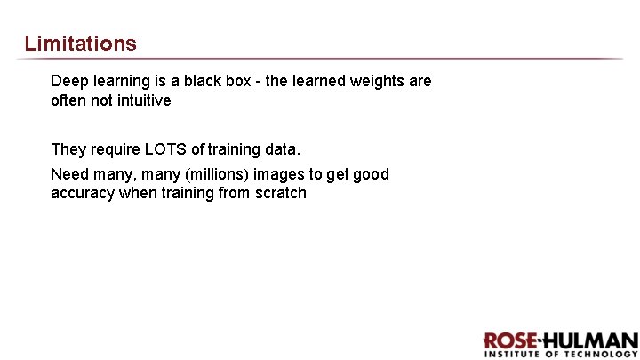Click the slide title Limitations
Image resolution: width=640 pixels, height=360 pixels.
pos(81,43)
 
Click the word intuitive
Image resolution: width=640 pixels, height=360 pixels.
pos(141,100)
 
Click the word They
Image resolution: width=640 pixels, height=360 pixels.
pos(68,149)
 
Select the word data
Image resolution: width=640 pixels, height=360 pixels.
pos(294,149)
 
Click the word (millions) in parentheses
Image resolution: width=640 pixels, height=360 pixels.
pos(191,174)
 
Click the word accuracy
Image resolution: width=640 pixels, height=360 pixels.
pos(83,194)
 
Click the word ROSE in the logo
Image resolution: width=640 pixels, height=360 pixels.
pos(508,341)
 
